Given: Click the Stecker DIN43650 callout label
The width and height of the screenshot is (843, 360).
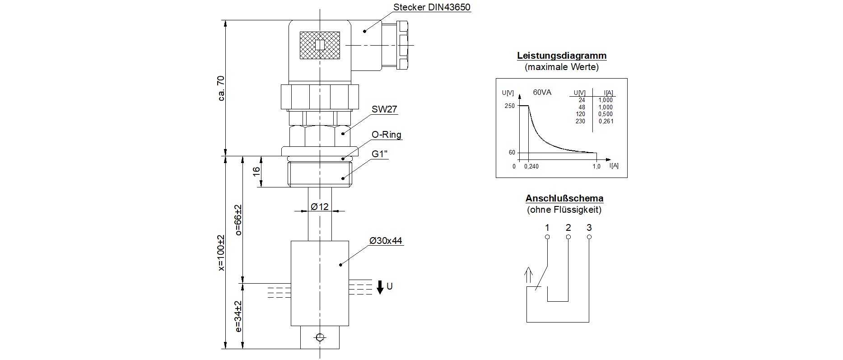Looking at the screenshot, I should click(432, 8).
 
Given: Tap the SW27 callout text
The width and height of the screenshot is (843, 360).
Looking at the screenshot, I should click(384, 110).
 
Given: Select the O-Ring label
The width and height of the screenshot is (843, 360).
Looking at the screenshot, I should click(386, 135).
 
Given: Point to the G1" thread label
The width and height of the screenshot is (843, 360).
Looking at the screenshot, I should click(380, 154).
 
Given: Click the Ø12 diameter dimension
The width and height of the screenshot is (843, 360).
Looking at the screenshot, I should click(320, 207).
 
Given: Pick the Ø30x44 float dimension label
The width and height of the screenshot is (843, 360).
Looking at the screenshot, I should click(386, 241).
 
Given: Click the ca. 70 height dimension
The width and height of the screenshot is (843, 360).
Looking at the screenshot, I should click(221, 88).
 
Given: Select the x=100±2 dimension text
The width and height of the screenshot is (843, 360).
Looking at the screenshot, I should click(221, 253).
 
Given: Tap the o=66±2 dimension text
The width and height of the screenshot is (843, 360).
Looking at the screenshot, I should click(238, 220).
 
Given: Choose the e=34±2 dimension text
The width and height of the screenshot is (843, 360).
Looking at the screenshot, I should click(238, 317).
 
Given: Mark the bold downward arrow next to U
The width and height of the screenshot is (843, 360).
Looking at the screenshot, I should click(380, 287).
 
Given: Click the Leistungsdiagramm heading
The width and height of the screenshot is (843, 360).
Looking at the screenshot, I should click(562, 56).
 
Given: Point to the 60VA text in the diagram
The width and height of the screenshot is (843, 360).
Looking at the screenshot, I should click(542, 93).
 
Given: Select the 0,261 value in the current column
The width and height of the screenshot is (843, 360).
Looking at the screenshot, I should click(606, 121).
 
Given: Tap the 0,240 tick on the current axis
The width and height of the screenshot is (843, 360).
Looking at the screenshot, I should click(531, 166).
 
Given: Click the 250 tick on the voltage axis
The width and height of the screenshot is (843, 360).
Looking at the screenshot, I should click(510, 106).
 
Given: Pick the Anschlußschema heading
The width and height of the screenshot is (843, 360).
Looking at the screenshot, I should click(564, 198).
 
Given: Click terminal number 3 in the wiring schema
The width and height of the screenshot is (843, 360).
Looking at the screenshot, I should click(589, 228).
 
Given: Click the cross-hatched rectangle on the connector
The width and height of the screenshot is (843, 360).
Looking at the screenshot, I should click(320, 45).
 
